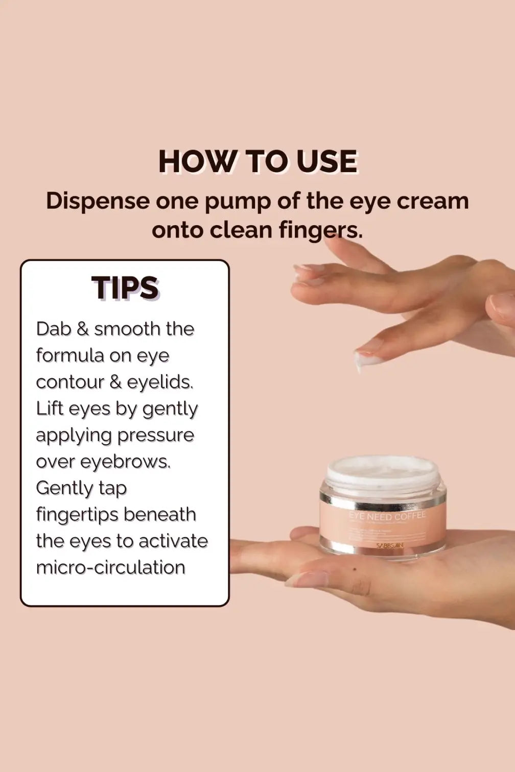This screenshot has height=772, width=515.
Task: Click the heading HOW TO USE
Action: (257, 162)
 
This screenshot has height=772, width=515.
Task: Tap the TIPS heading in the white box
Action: (125, 288)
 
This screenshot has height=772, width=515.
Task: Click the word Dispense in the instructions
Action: (97, 201)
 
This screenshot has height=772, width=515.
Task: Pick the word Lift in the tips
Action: (49, 408)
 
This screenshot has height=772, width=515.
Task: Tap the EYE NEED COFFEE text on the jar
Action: (387, 516)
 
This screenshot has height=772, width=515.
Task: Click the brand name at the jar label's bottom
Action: (390, 545)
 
